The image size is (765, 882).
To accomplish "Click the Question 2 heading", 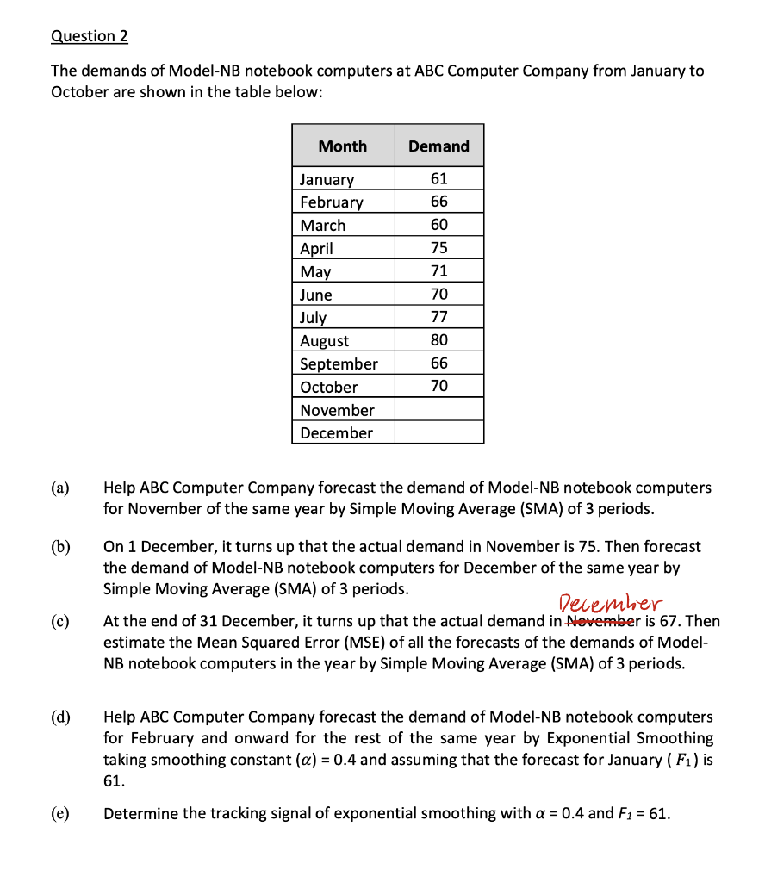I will pos(90,36).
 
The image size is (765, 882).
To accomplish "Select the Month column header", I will pos(342,146).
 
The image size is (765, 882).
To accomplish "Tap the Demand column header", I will pos(438,146).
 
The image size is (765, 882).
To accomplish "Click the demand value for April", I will pos(438,248).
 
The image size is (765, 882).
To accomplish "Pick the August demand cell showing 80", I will pos(438,340).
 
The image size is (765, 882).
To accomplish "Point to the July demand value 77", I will pos(438,317).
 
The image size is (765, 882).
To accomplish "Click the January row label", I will pos(327,179).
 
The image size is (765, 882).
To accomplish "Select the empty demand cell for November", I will pos(438,410).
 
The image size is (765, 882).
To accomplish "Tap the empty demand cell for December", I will pos(438,432).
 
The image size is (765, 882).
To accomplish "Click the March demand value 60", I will pos(438,225).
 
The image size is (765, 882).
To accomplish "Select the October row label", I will pos(328,387).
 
